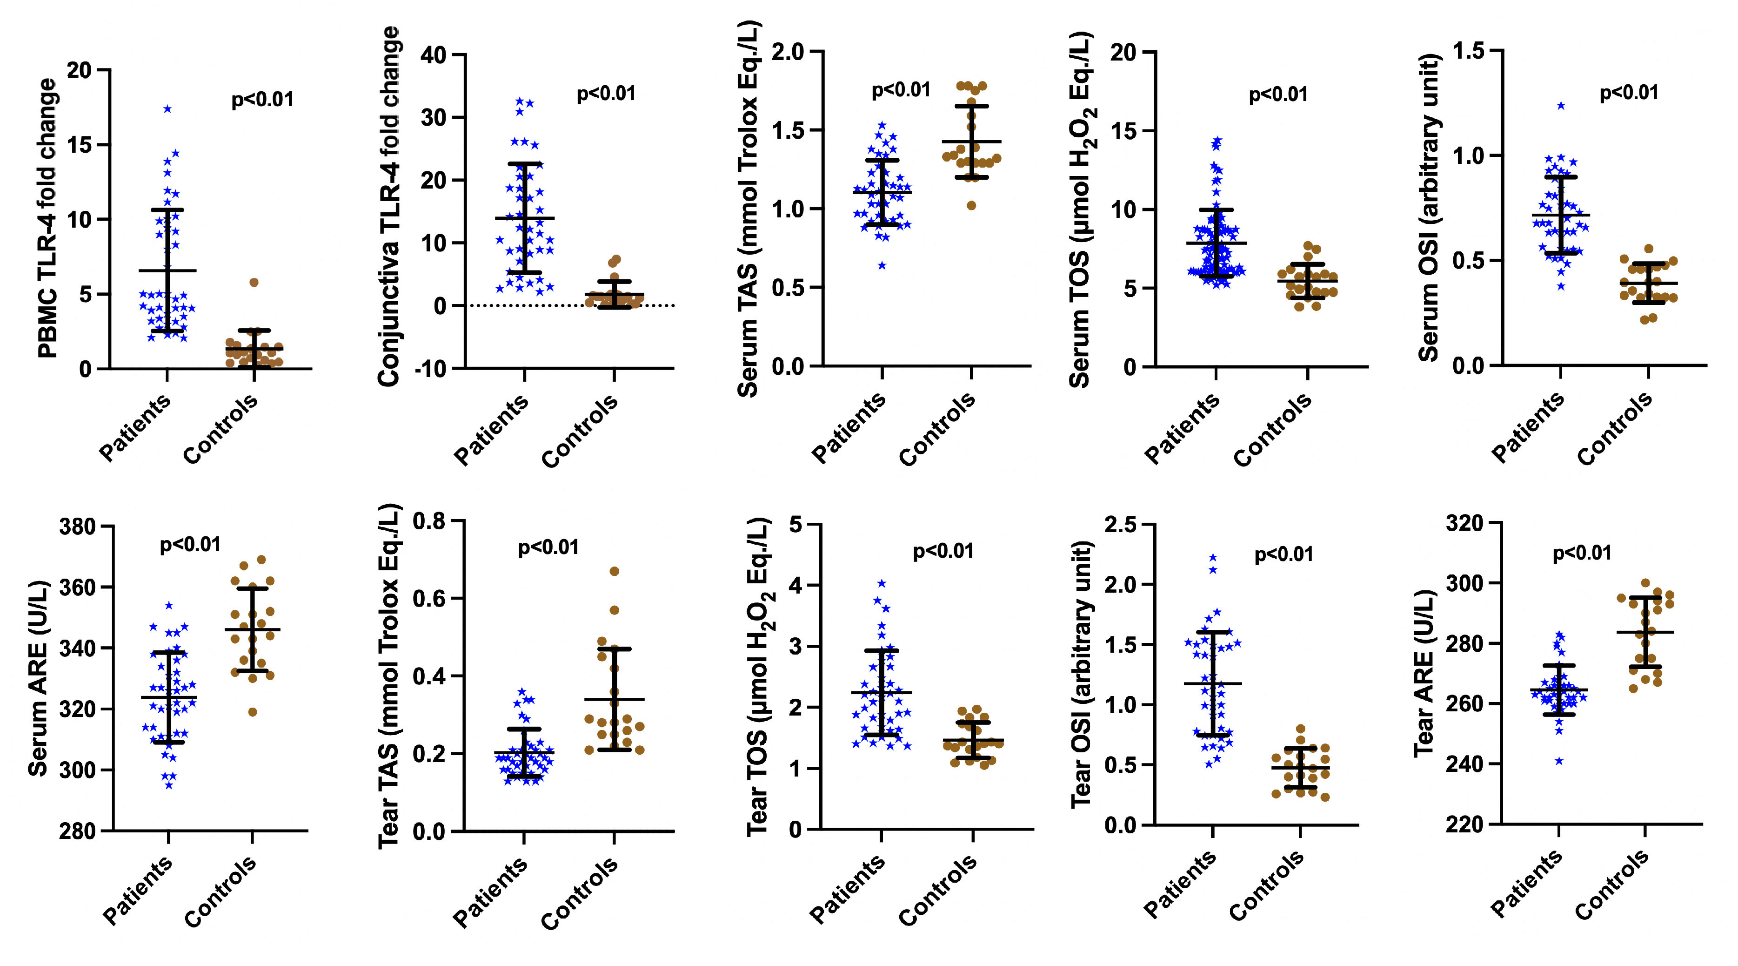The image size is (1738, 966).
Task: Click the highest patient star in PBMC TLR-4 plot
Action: [167, 108]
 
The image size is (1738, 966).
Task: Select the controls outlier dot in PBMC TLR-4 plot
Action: [254, 282]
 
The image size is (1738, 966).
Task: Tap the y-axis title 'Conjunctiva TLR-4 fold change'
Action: [389, 206]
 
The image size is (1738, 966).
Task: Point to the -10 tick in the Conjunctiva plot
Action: [435, 369]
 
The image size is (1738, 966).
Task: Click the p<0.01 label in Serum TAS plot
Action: [901, 90]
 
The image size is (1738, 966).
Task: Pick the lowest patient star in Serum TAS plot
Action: [882, 265]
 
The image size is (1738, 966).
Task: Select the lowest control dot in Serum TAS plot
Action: [971, 205]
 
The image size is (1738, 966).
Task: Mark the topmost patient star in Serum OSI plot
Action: [1561, 105]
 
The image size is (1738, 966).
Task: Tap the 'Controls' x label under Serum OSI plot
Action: [1615, 429]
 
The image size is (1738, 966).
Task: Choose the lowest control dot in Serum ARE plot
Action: [252, 711]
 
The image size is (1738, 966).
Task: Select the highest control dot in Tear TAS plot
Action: [615, 571]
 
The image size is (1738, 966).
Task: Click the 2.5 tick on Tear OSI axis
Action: [1121, 525]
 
